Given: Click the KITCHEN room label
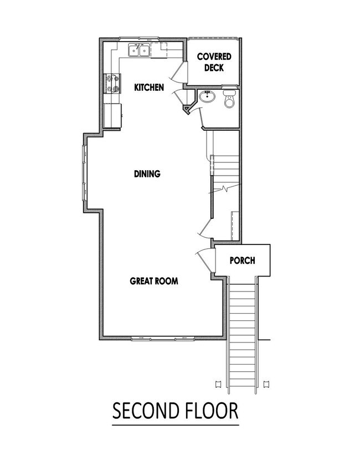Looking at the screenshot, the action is pos(149,88).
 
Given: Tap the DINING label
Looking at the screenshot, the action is pos(147,173).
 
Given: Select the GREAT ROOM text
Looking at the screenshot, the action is pos(154,281).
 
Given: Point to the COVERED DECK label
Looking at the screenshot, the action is pos(214,62).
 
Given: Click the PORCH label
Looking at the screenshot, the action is pos(243,260).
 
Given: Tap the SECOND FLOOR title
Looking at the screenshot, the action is pos(175,411).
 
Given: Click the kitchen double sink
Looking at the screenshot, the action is pos(139,50).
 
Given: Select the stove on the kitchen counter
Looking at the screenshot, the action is pos(112,83).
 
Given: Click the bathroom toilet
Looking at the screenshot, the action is pos(229,99).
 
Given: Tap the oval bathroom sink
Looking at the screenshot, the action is pos(207,96).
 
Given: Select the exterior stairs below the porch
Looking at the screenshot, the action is pos(242,335).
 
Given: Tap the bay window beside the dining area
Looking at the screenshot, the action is pos(84,173).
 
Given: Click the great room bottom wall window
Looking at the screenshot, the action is pos(163,338).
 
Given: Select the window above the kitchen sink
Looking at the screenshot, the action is pos(140,39).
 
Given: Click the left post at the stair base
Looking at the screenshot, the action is pos(218,383).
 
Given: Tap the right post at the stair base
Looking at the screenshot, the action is pos(266,383).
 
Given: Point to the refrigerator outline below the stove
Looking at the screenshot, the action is pos(112,116).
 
